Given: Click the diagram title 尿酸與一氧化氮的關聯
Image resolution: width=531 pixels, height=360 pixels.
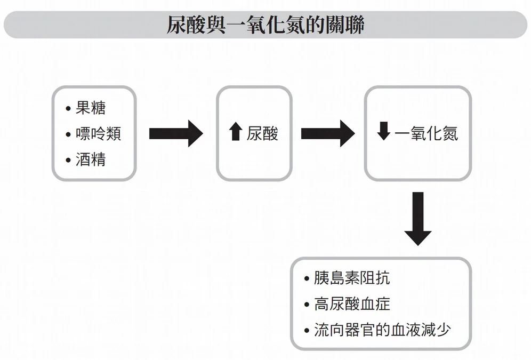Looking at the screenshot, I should click(265, 25).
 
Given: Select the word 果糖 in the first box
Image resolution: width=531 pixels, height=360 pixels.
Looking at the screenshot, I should click(91, 108).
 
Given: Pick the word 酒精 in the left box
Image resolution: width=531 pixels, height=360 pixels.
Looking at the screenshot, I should click(91, 159).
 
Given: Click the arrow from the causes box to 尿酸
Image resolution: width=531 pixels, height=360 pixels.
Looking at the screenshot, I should click(175, 133).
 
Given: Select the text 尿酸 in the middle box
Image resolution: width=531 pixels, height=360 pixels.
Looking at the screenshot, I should click(262, 133).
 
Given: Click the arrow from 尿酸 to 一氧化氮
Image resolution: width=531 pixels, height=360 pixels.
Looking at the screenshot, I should click(327, 133).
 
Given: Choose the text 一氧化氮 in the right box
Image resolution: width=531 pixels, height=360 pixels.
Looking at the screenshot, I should click(426, 133).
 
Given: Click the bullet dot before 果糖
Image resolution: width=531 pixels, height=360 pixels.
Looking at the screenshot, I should click(68, 109).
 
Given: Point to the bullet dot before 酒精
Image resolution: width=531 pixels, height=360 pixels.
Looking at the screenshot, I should click(68, 160).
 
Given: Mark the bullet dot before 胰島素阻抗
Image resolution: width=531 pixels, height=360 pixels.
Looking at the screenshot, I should click(307, 279).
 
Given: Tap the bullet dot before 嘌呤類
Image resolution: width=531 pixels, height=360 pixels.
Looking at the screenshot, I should click(68, 134).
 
